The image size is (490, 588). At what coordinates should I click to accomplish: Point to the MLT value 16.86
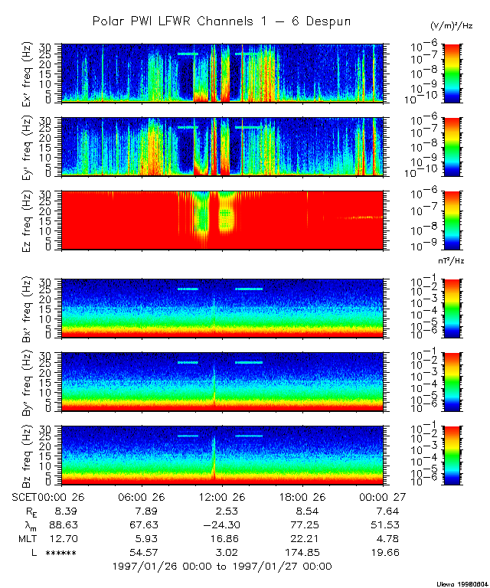223,538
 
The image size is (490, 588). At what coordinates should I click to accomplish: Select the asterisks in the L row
60,553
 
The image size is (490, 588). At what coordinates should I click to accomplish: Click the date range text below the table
221,567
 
